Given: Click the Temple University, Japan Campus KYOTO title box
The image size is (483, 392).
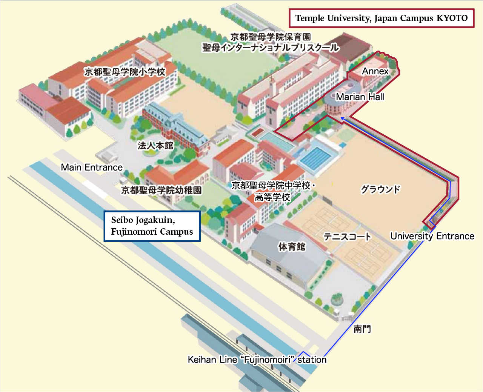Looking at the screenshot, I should [x=381, y=18].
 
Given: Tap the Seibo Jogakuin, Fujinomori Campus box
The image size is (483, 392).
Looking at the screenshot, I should [x=152, y=226].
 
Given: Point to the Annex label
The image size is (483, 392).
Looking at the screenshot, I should [x=375, y=71].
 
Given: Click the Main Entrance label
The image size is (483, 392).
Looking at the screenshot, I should [x=92, y=167].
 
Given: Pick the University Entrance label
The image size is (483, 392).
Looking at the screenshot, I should [x=432, y=236].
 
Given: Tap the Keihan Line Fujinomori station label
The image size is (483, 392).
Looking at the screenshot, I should [x=257, y=360].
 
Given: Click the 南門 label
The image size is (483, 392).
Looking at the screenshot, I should [x=362, y=329].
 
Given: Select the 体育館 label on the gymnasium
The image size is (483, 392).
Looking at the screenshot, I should [x=291, y=247].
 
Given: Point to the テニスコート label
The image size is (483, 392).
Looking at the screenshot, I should [x=347, y=237].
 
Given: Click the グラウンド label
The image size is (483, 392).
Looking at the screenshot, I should [x=380, y=189].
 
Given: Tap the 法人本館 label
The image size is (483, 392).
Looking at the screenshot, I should [x=155, y=145].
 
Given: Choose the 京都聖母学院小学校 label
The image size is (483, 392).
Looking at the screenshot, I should [x=125, y=72].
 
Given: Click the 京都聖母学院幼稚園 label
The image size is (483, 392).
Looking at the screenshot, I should [x=161, y=190].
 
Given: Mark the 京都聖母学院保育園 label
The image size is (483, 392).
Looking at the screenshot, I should [x=271, y=37].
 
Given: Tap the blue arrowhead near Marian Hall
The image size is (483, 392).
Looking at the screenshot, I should [x=342, y=119].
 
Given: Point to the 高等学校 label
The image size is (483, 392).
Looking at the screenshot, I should [x=272, y=197].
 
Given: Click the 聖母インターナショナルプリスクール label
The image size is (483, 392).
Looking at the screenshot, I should [x=271, y=48].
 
